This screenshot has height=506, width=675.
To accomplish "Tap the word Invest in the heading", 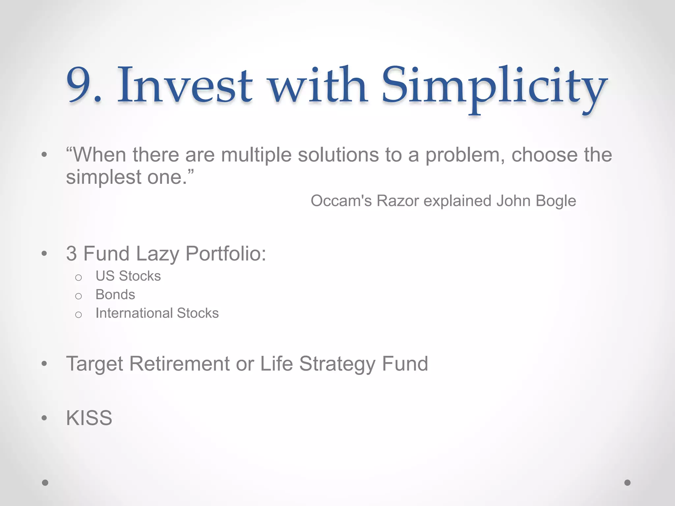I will point(185,85).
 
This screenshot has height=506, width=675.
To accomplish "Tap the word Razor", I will point(397,201).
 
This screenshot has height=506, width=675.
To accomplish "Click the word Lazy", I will point(157,254).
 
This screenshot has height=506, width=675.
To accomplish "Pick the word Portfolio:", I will point(225,254).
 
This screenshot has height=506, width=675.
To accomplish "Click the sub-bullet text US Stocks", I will point(128,276).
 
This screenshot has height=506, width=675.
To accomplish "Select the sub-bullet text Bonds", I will point(115,295).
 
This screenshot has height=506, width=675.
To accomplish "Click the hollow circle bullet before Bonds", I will point(78,296).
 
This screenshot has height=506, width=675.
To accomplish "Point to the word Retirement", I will point(179,364).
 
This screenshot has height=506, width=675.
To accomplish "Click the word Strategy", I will point(337,364).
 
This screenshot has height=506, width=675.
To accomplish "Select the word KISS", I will point(89,418).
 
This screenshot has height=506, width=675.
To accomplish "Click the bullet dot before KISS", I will point(44,418).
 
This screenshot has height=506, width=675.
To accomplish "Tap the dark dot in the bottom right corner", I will point(627,483).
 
